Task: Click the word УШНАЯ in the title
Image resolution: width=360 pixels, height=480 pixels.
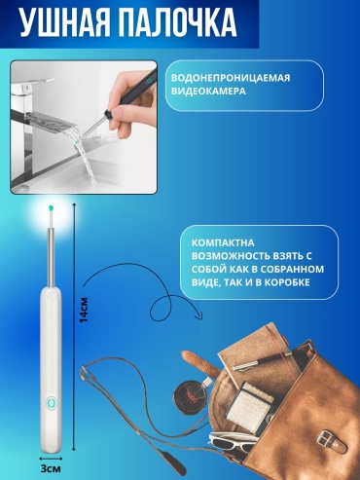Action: point(64,22)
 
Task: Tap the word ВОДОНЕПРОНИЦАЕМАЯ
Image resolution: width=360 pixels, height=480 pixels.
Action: point(231,78)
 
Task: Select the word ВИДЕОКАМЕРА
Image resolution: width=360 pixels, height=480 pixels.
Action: point(208,91)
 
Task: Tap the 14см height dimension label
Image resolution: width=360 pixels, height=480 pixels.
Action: point(84,310)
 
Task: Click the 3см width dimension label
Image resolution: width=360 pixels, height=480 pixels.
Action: point(51,468)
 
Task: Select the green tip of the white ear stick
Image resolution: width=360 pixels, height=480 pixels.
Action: point(51,207)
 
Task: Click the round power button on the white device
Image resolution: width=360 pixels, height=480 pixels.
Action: point(51,403)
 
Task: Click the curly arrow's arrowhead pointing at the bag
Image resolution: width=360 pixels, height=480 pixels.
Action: point(198,315)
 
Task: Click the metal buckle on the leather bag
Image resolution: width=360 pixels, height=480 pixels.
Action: point(331,441)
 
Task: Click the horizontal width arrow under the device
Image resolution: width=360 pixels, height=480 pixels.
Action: point(51,459)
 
